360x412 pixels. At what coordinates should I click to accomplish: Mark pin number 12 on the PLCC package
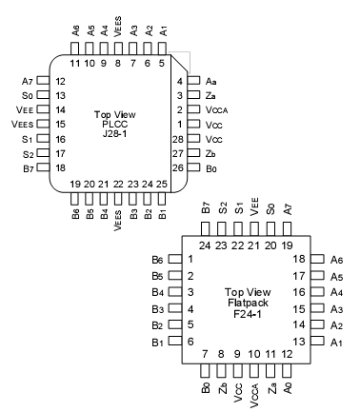tap(59, 83)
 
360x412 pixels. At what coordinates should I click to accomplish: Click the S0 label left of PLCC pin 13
tap(28, 96)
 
